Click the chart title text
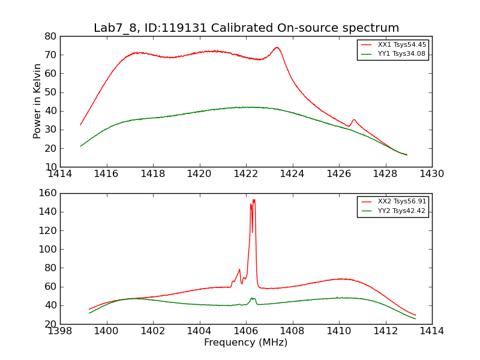pos(247,28)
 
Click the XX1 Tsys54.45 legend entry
pos(394,44)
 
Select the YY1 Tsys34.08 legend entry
pos(394,54)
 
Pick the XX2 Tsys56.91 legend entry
pos(394,202)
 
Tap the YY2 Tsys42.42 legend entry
pos(394,211)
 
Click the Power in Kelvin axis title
pos(37,101)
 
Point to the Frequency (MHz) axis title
pos(246,342)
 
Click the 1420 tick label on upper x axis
pos(199,174)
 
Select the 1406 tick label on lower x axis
pos(246,331)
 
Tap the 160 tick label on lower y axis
pos(48,193)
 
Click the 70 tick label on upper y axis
pos(50,55)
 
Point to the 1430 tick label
pos(431,174)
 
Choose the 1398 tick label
pos(60,331)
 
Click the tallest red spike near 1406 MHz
pos(254,200)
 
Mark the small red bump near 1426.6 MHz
pos(354,121)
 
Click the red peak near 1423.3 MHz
pos(277,48)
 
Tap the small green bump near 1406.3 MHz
pos(253,298)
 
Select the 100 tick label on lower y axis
pos(48,249)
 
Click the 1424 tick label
pos(292,174)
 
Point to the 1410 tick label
pos(339,331)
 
